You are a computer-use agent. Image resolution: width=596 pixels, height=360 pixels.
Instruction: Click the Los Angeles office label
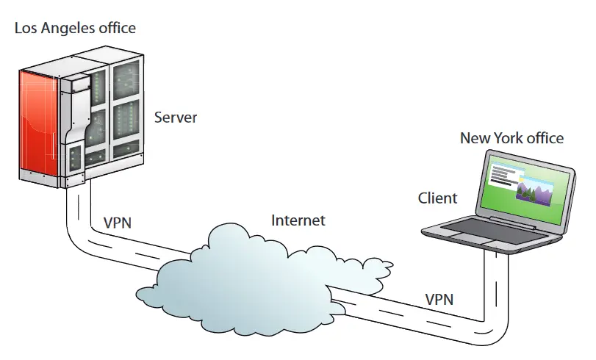[x=76, y=29]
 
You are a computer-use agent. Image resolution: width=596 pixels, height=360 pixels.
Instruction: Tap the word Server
[x=176, y=118]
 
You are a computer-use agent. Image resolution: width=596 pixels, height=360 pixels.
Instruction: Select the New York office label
[x=511, y=138]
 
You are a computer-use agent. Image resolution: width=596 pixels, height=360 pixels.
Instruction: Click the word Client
[x=437, y=198]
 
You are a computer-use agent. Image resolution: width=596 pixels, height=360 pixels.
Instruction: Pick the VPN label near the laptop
[x=439, y=299]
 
